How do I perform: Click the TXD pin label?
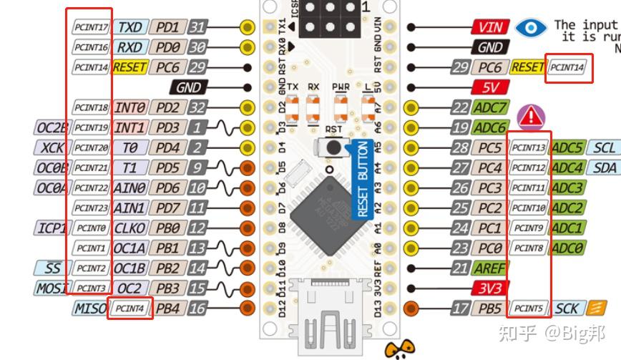point(129,27)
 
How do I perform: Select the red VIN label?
point(490,27)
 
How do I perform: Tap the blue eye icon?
point(530,27)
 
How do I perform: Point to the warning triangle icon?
point(531,116)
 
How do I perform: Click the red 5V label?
point(490,87)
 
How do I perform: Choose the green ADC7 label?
point(489,108)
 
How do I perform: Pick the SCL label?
point(604,148)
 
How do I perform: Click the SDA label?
point(604,168)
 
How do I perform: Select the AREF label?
point(489,268)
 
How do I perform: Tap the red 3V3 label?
point(490,288)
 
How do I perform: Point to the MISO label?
point(89,309)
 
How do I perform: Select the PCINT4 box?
point(130,309)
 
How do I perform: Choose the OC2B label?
point(52,128)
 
